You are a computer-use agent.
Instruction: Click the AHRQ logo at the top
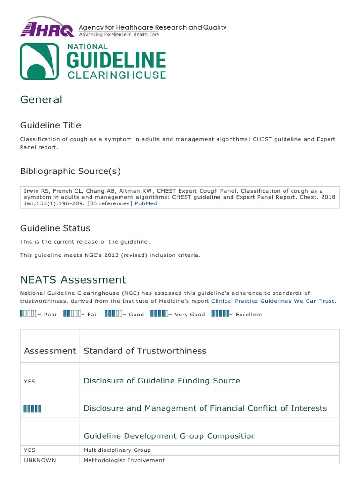click(x=47, y=28)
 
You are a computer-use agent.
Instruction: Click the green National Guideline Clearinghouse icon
click(x=39, y=61)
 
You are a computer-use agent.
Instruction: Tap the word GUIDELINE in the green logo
click(x=117, y=60)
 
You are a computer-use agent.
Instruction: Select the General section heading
click(x=41, y=99)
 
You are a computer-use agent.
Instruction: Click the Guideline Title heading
click(x=50, y=125)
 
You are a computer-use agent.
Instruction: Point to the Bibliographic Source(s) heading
click(x=70, y=171)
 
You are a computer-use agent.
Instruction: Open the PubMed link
click(x=146, y=203)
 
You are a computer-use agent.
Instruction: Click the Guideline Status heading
click(x=55, y=228)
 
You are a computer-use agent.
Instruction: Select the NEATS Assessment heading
click(x=73, y=280)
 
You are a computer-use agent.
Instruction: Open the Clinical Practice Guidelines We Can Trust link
click(x=273, y=301)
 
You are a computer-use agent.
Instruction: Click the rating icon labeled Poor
click(x=29, y=314)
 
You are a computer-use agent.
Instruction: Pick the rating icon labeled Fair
click(x=72, y=314)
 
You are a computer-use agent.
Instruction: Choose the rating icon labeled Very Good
click(x=159, y=314)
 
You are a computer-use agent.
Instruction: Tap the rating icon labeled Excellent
click(x=220, y=314)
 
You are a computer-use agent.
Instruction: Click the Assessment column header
click(x=50, y=351)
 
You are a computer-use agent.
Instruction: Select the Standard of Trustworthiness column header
click(x=145, y=351)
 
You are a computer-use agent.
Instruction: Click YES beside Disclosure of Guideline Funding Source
click(x=30, y=381)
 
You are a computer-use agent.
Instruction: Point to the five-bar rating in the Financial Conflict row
click(x=32, y=409)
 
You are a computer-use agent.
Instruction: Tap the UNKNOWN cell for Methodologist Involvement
click(x=40, y=460)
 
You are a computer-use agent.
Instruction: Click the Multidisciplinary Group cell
click(x=117, y=450)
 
